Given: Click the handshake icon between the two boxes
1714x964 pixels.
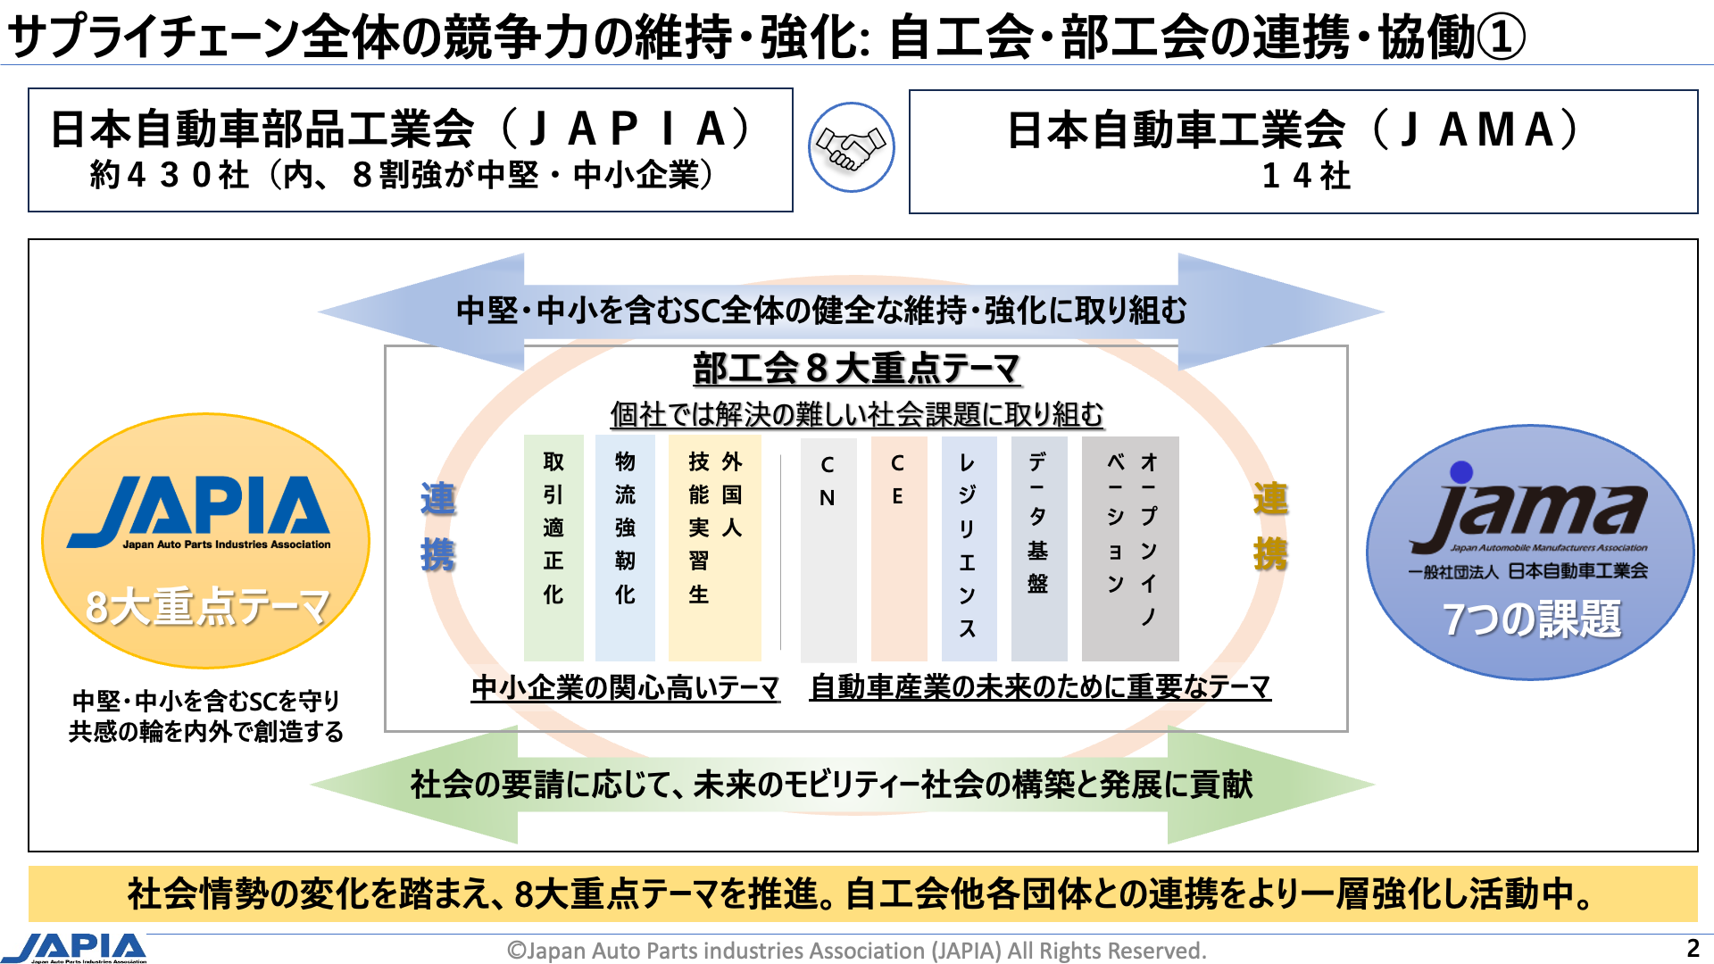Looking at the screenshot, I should (x=851, y=148).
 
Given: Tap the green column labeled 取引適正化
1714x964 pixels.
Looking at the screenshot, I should (x=553, y=546).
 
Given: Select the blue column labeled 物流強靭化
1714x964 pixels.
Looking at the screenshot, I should (x=625, y=546).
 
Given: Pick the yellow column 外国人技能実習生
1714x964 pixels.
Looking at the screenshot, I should (x=715, y=546).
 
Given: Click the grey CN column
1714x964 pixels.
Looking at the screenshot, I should (x=828, y=548).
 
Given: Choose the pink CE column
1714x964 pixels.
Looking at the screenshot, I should (x=898, y=548).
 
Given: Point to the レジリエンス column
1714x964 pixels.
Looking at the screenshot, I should (x=969, y=548).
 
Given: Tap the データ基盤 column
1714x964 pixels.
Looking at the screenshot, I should (x=1038, y=548).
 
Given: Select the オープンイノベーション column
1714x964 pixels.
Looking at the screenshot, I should (x=1130, y=548).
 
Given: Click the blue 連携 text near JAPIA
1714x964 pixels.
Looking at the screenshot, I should (x=437, y=527).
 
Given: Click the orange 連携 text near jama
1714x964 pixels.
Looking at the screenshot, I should (x=1270, y=527).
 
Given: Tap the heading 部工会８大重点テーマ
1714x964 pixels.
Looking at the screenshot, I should (x=856, y=368).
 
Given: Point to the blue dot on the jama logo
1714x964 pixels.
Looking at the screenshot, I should (x=1461, y=471).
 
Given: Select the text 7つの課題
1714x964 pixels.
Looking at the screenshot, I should (x=1531, y=619).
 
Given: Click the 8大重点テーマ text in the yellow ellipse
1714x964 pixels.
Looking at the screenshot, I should (x=207, y=607).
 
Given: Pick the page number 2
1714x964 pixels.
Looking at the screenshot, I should (x=1693, y=948).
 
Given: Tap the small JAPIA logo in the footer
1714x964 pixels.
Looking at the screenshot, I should (x=76, y=948).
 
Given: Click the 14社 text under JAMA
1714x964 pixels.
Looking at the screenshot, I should (x=1306, y=176).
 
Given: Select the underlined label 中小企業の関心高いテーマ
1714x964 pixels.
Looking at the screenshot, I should (x=625, y=687).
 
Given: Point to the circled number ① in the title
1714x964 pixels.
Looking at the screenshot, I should (x=1501, y=37).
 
